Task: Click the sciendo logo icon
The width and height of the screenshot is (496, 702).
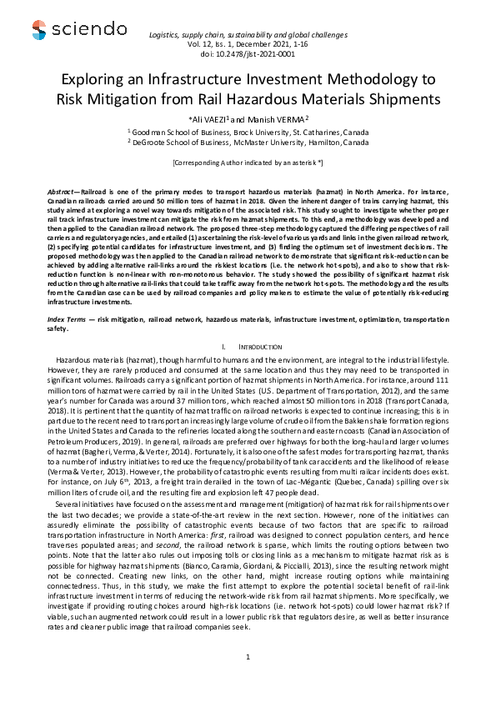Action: coord(39,31)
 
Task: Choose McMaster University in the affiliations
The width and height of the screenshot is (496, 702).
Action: coord(248,142)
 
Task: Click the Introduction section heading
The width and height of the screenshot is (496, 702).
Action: coord(260,322)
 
